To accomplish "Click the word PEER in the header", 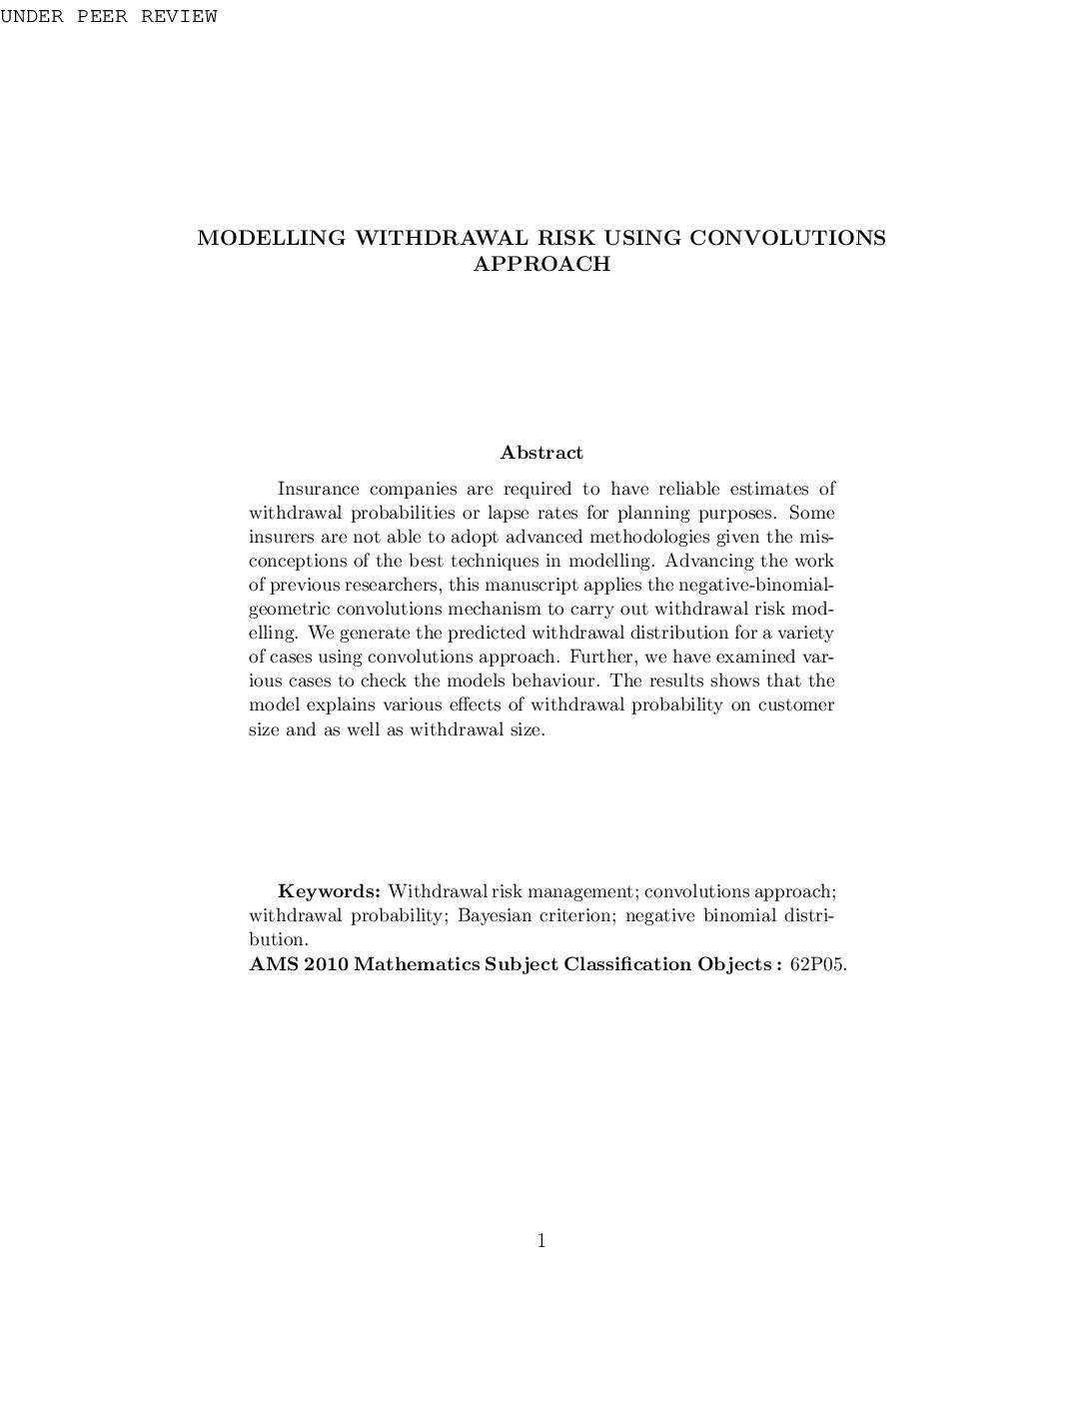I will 102,17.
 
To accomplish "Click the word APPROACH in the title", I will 541,264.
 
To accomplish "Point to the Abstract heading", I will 542,453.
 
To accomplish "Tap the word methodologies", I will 629,537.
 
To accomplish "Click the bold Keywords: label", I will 329,891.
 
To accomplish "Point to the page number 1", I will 542,1241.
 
